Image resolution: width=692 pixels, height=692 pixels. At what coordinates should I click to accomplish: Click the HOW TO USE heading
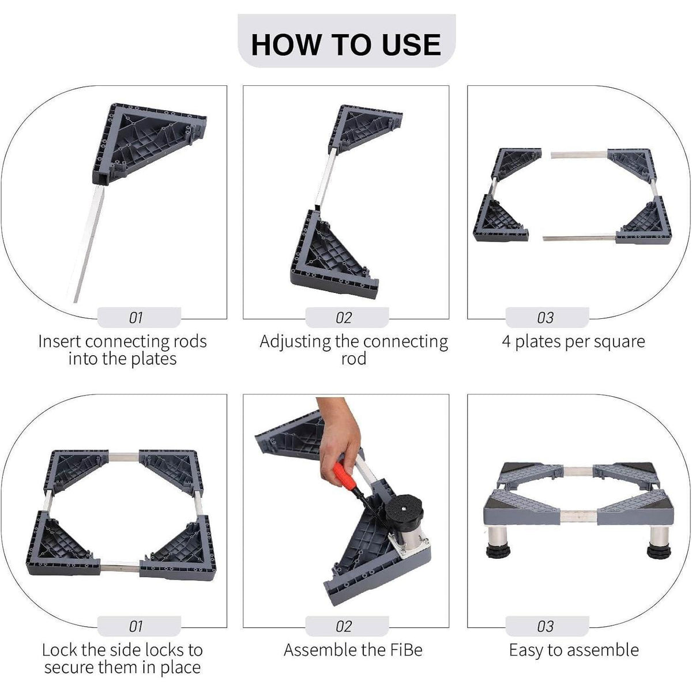coord(346,44)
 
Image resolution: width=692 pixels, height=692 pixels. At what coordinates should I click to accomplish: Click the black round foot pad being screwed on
coord(405,507)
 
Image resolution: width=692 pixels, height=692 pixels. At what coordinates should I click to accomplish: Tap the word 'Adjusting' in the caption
coord(295,342)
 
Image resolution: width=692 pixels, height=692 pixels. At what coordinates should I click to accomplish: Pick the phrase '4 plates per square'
coord(573,342)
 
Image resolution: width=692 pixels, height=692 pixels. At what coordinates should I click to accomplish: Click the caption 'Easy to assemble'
coord(573,650)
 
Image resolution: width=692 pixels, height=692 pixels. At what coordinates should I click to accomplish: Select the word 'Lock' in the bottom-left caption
coord(59,650)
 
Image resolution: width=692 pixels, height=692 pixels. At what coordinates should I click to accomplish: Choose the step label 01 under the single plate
coord(136,318)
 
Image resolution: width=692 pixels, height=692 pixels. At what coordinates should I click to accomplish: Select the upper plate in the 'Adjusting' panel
coord(364,130)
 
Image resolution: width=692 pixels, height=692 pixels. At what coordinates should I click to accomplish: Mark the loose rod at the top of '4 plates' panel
coord(579,155)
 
